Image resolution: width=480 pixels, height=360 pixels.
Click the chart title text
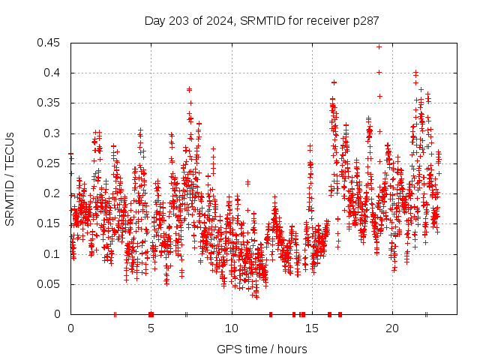click(261, 20)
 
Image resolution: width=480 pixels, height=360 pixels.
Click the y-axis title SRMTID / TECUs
click(10, 178)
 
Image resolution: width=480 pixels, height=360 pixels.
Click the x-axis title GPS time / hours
click(262, 349)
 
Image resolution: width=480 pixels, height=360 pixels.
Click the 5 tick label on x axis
click(151, 328)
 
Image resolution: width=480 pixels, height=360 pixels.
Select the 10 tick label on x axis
click(232, 328)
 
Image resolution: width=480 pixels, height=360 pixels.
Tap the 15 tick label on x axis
click(312, 328)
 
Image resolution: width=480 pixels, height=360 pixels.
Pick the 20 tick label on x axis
click(392, 328)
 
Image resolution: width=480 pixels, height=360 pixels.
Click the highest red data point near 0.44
click(379, 46)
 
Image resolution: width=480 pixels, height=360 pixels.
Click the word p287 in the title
click(365, 20)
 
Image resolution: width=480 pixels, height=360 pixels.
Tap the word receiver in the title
click(328, 20)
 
